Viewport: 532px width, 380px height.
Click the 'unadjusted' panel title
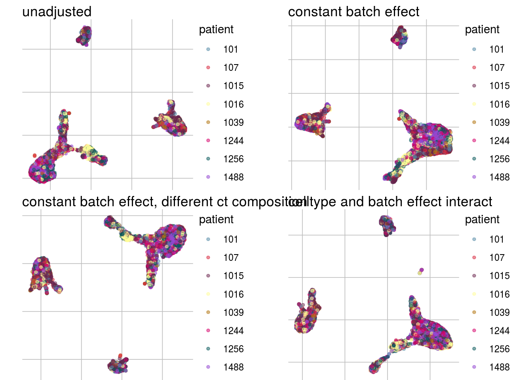[x=57, y=12]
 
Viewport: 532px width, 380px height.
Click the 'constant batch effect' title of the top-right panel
[x=353, y=12]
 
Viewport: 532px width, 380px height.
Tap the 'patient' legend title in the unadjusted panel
[x=216, y=30]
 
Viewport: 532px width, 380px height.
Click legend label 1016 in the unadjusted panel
[x=233, y=104]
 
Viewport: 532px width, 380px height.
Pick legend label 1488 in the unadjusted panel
[x=233, y=177]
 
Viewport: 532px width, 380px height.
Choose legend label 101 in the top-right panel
[x=496, y=49]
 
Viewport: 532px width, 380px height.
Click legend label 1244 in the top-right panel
[x=499, y=141]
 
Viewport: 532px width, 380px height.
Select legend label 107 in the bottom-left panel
[x=231, y=258]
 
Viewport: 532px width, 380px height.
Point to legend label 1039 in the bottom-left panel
[x=233, y=313]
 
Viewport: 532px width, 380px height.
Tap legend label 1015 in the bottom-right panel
[x=499, y=276]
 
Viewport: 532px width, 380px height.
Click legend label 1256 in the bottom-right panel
[x=499, y=349]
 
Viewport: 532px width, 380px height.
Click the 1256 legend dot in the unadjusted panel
[x=208, y=159]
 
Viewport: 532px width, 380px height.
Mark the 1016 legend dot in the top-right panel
[x=474, y=104]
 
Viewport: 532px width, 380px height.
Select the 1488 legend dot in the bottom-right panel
[x=474, y=367]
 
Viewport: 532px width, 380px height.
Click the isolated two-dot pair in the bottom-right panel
[x=420, y=272]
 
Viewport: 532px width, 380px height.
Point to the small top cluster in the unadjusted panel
[x=84, y=36]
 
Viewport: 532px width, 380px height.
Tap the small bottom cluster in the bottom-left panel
[x=118, y=365]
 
